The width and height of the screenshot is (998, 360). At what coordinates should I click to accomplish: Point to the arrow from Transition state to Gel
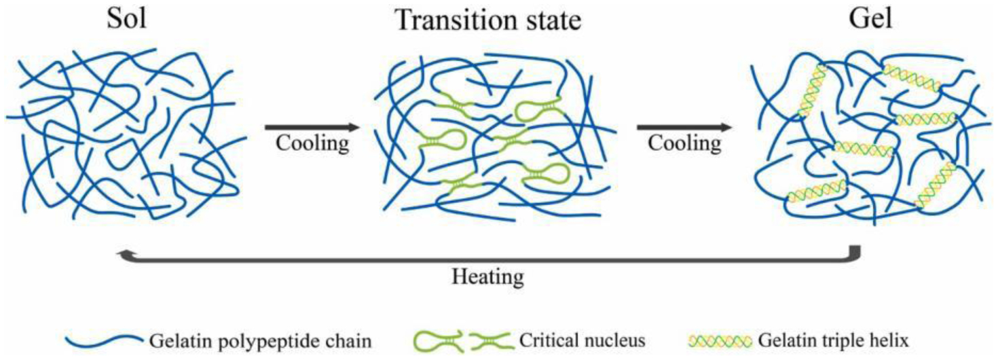click(x=684, y=126)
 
